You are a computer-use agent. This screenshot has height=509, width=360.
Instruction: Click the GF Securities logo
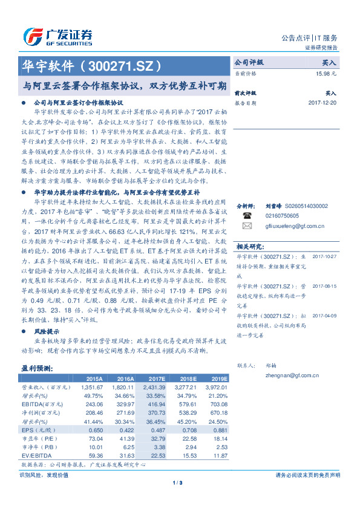(57, 36)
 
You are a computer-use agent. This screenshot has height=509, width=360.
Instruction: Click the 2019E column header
(217, 378)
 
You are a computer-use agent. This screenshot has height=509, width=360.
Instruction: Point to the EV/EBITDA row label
(36, 455)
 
